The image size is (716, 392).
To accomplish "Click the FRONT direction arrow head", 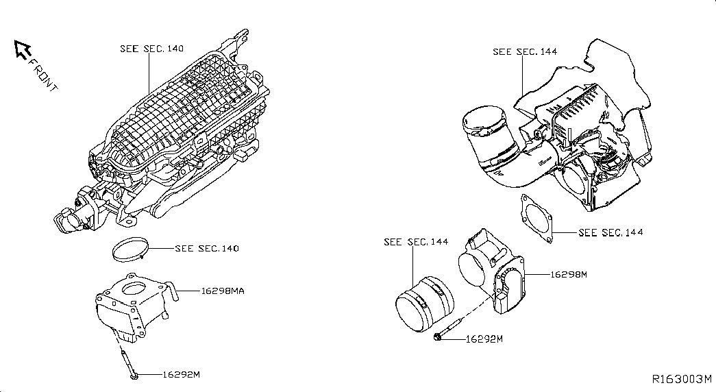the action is tap(22, 49).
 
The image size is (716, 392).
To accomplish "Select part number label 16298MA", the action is tap(223, 291).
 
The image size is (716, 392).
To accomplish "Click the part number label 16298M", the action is tap(569, 275).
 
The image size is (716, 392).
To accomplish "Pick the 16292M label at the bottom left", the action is tap(182, 375).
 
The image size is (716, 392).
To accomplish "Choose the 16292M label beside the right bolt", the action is tap(484, 339).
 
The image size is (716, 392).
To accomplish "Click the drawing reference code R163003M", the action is tap(682, 379).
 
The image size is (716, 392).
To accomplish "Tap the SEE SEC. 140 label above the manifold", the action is tap(151, 49).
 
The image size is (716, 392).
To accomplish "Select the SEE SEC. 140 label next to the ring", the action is tap(207, 249).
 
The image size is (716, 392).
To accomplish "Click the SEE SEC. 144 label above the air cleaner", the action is tap(525, 51).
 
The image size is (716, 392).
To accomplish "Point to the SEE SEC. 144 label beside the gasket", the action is tap(610, 232).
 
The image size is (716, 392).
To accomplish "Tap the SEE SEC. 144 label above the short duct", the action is tap(416, 242).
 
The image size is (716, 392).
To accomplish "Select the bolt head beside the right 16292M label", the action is tap(437, 338).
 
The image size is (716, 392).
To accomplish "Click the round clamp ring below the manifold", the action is tap(131, 249).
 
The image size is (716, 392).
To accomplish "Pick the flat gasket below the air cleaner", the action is tap(536, 219).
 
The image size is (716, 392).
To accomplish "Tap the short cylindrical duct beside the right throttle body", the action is tap(425, 304).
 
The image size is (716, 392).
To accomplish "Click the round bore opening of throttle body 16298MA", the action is tap(135, 289).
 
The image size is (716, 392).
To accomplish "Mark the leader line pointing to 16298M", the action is tap(537, 275).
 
